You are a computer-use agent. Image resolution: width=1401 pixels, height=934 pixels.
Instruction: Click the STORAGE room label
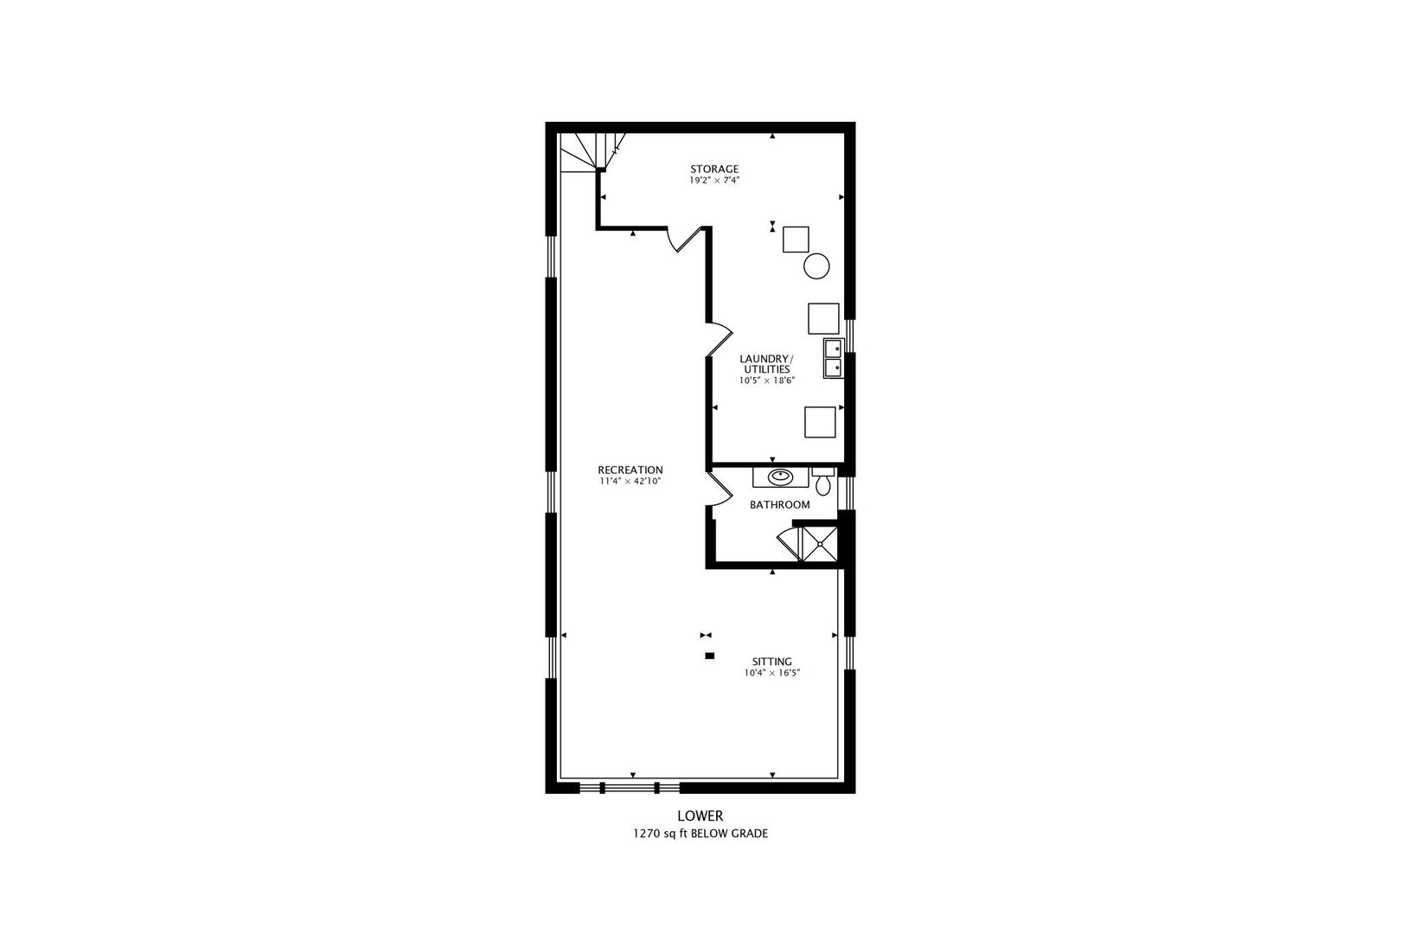[x=713, y=169]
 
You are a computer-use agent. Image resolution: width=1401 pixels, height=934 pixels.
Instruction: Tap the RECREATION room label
[x=630, y=470]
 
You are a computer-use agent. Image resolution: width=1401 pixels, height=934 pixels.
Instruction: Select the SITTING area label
[x=771, y=662]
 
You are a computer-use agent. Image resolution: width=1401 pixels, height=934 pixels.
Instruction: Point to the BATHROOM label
[x=779, y=505]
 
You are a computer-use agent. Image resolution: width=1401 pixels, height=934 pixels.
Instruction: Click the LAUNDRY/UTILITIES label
[x=765, y=363]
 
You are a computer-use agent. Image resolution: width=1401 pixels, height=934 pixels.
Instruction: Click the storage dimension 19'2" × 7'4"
[x=713, y=181]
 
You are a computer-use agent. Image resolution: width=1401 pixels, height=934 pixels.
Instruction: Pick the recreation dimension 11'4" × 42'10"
[x=630, y=482]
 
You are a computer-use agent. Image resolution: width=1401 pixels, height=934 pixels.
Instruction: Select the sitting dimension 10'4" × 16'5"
[x=771, y=673]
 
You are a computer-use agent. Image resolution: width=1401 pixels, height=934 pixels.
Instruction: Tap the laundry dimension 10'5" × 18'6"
[x=766, y=381]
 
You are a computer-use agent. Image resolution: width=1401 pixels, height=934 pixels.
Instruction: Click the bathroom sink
[x=780, y=476]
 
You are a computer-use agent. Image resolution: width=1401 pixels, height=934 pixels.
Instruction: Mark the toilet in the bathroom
[x=822, y=481]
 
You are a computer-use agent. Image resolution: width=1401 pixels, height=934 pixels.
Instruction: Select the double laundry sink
[x=834, y=358]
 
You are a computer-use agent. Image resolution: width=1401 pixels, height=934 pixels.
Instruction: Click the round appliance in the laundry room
[x=816, y=265]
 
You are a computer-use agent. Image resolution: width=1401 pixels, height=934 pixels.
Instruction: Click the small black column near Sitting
[x=709, y=656]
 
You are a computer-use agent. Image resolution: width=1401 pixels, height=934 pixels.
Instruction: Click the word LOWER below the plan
[x=700, y=816]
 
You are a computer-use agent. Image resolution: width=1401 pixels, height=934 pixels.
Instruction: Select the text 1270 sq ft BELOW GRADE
[x=700, y=835]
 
